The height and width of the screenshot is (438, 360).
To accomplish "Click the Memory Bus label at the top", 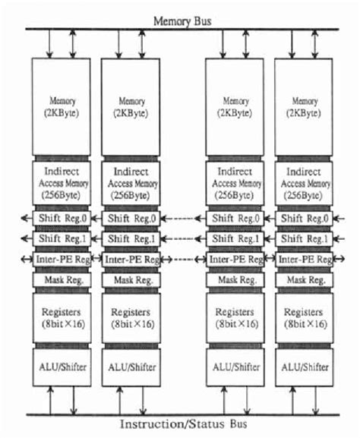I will pyautogui.click(x=179, y=20).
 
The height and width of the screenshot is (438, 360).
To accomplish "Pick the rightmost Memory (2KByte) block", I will pyautogui.click(x=304, y=107).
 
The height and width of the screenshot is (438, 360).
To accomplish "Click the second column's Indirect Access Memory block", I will pyautogui.click(x=130, y=182).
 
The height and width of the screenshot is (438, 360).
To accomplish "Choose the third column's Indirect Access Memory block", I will pyautogui.click(x=236, y=182).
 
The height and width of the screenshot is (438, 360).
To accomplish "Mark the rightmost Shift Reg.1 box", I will pyautogui.click(x=304, y=238).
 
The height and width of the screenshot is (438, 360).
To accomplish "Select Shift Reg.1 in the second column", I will pyautogui.click(x=130, y=238).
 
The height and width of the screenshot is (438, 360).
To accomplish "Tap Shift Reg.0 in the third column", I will pyautogui.click(x=236, y=219).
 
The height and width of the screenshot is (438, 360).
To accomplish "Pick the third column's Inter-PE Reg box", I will pyautogui.click(x=236, y=259).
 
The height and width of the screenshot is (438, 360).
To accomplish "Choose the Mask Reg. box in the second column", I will pyautogui.click(x=130, y=279).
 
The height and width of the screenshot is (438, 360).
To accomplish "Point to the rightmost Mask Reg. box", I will pyautogui.click(x=304, y=279).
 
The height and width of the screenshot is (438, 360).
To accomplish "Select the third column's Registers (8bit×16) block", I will pyautogui.click(x=236, y=317).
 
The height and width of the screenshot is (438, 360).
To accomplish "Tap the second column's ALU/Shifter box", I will pyautogui.click(x=130, y=368).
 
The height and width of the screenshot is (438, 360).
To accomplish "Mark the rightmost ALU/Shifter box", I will pyautogui.click(x=304, y=368).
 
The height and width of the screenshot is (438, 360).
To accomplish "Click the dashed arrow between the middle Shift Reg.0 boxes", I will pyautogui.click(x=183, y=219).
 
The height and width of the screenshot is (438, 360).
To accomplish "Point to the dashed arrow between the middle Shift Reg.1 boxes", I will pyautogui.click(x=183, y=238).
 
